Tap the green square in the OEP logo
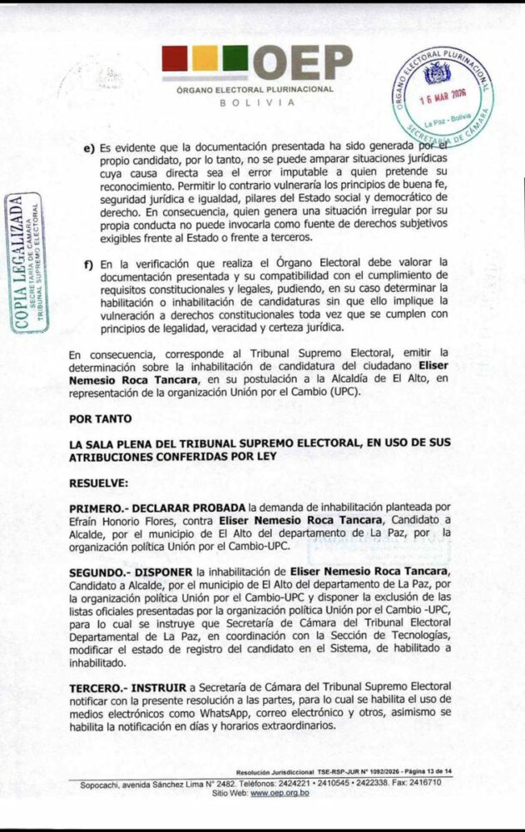click(x=235, y=59)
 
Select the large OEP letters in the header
click(x=302, y=62)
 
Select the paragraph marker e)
click(x=88, y=147)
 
